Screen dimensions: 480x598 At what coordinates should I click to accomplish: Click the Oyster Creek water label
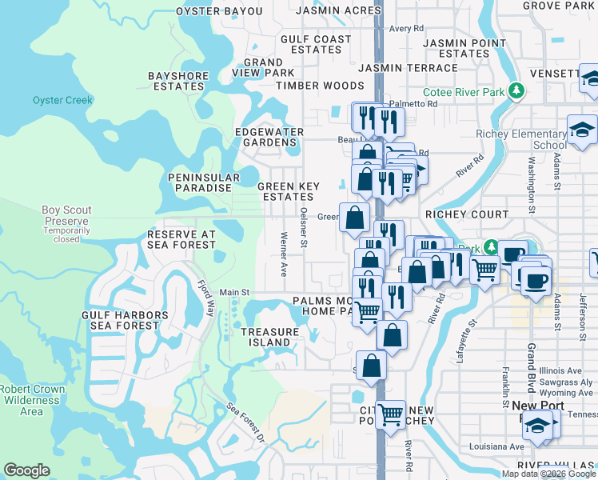tap(62, 100)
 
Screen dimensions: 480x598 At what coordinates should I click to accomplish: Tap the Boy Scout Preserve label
tap(66, 216)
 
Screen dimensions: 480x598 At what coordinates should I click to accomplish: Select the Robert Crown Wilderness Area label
tap(32, 400)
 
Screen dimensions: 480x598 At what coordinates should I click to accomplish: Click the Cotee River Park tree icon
tap(517, 91)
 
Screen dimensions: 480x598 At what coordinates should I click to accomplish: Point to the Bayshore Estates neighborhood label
tap(178, 81)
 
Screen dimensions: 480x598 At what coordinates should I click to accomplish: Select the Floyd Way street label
tap(206, 298)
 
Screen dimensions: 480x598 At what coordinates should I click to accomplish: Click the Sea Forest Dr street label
tap(245, 423)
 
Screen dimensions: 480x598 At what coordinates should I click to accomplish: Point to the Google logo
tap(26, 470)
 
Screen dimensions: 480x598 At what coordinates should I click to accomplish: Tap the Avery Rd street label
tap(406, 28)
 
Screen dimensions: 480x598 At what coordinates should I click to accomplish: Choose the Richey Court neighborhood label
tap(466, 214)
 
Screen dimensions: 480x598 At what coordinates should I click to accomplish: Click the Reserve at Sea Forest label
tap(181, 239)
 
